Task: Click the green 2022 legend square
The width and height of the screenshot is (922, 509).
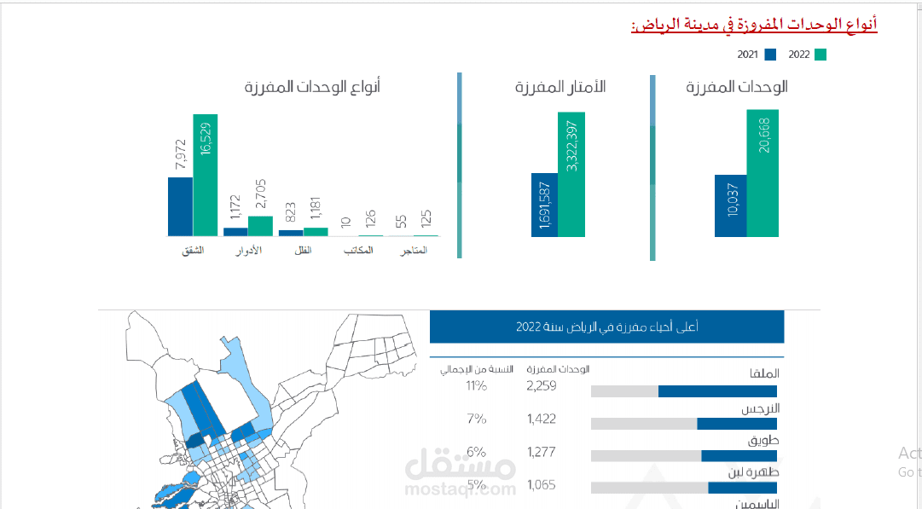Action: click(x=821, y=55)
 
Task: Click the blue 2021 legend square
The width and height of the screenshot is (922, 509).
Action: click(x=770, y=55)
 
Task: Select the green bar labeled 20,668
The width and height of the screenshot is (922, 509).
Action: click(x=762, y=172)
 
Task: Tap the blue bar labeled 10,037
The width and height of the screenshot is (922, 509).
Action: click(x=730, y=205)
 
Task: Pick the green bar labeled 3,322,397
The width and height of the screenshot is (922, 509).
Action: click(x=571, y=174)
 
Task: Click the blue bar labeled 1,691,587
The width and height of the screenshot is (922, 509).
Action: click(x=544, y=205)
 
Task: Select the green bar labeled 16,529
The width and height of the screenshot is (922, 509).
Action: click(x=205, y=175)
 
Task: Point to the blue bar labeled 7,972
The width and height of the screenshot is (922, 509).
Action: click(x=180, y=206)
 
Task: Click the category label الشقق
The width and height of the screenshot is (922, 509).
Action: click(x=194, y=251)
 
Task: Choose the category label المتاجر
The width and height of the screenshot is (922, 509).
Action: click(x=414, y=251)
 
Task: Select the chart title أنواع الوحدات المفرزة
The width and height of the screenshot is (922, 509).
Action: click(x=312, y=87)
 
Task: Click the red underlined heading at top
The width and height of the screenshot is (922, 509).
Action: click(x=754, y=25)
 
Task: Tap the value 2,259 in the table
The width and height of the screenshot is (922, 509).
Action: click(x=542, y=385)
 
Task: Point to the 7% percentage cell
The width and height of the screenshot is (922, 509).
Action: click(x=476, y=419)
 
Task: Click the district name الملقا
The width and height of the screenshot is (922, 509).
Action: click(x=763, y=374)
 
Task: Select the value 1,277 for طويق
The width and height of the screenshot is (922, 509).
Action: click(x=542, y=452)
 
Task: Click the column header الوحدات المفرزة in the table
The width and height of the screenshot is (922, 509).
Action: click(x=559, y=369)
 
